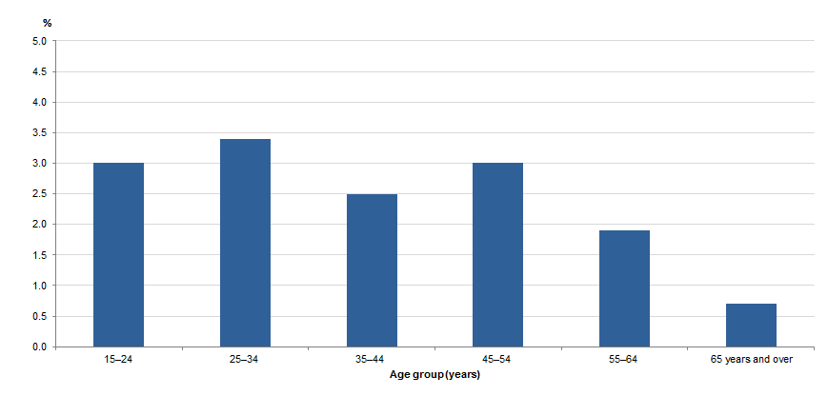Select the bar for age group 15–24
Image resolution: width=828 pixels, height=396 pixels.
118,254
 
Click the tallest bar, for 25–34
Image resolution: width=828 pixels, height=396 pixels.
245,243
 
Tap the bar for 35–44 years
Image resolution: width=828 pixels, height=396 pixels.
372,270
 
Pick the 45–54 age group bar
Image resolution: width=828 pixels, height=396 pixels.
497,254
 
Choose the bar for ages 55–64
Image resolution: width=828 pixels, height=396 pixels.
624,288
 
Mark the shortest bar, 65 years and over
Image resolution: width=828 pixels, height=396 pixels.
751,325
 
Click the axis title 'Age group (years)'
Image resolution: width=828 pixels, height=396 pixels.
434,375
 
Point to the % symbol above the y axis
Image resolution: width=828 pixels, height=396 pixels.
46,22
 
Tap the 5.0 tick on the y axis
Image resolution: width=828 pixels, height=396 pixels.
39,41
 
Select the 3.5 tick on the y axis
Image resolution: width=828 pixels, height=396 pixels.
39,132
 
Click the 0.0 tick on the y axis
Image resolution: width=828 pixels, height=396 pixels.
39,346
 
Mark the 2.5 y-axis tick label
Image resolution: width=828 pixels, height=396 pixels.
39,194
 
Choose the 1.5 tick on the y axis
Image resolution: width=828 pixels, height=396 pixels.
39,255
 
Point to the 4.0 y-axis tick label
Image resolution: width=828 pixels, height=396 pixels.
39,102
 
